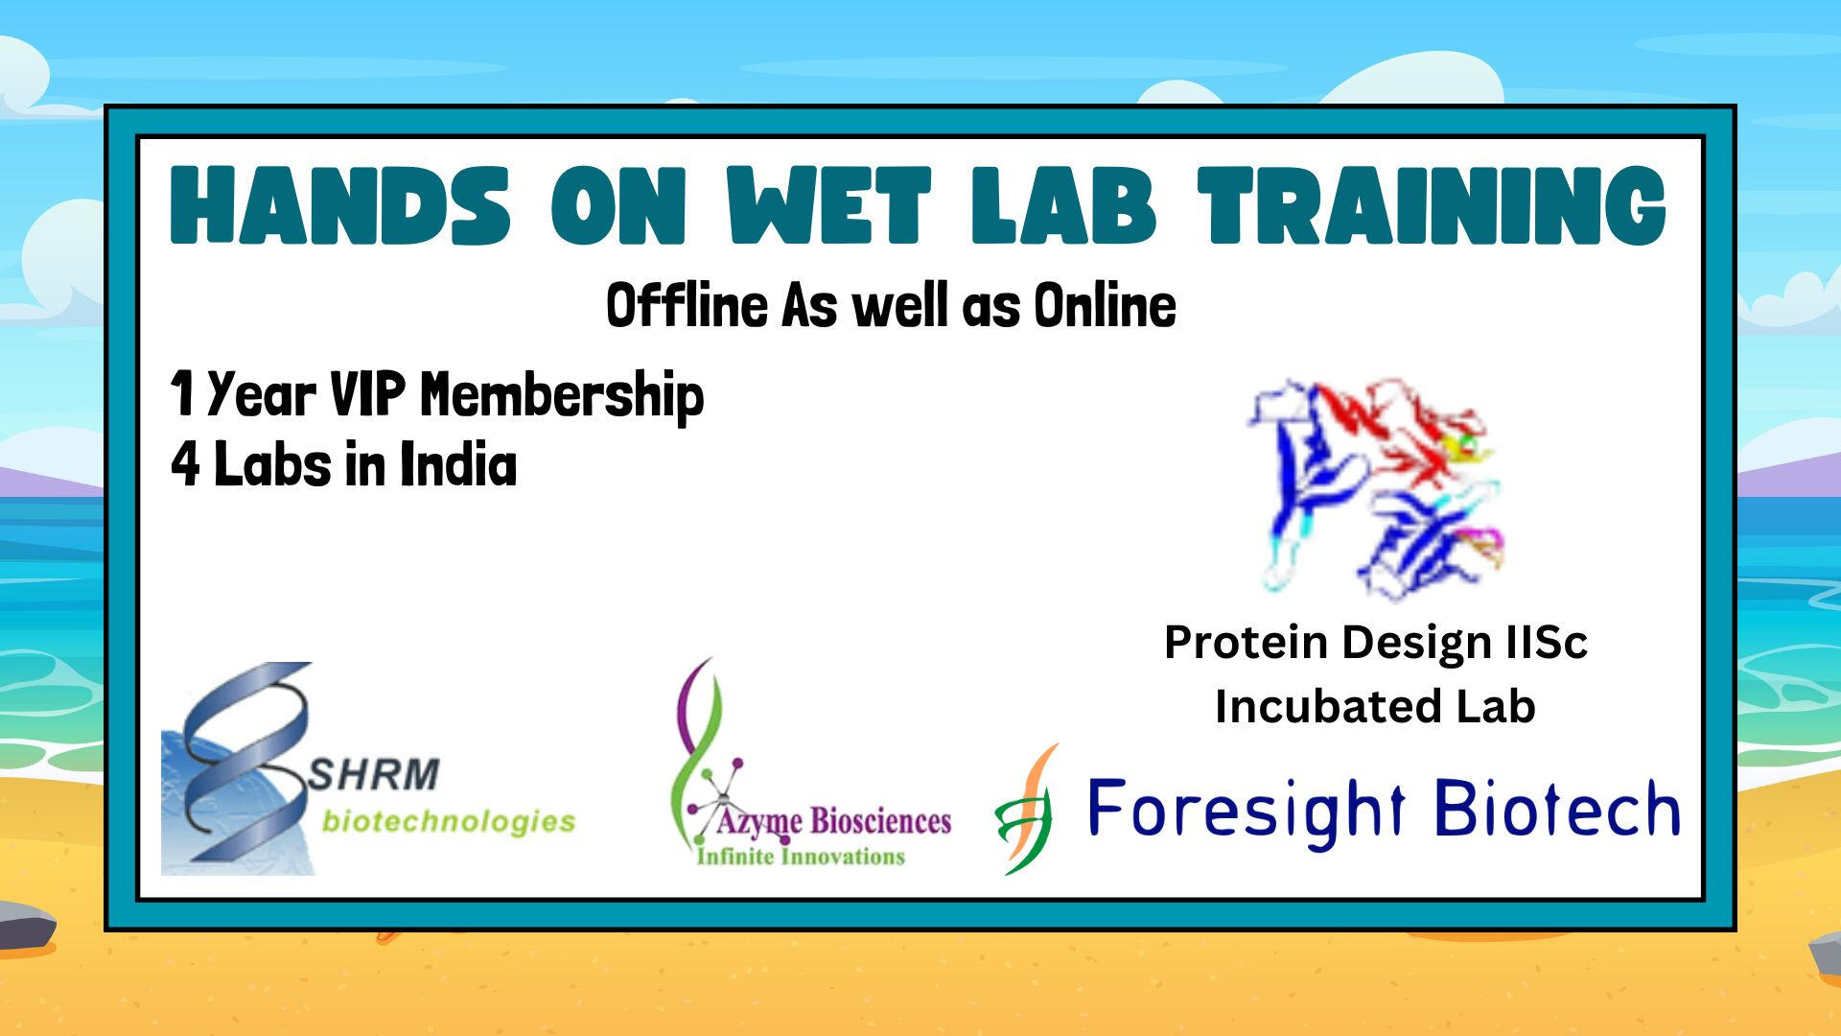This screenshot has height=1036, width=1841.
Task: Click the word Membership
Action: point(563,396)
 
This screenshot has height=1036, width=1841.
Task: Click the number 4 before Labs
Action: point(185,466)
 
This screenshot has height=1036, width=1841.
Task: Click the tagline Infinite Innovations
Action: point(801,856)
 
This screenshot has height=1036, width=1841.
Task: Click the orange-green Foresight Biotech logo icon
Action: point(1026,811)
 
